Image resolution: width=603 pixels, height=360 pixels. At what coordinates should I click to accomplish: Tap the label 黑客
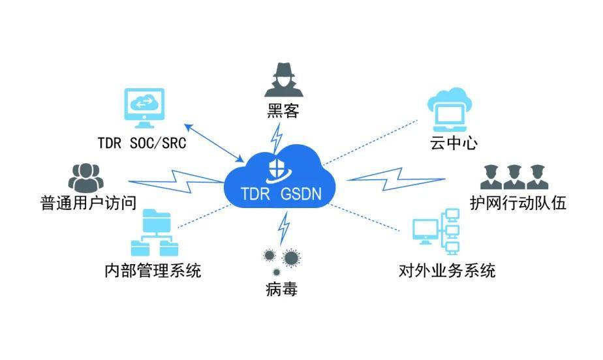pos(283,112)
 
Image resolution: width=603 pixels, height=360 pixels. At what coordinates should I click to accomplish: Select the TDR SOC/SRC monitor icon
pos(144,108)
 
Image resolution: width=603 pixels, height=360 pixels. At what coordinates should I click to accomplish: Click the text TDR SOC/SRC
pos(142,143)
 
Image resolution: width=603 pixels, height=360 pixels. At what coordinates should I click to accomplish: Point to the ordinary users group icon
pos(85,178)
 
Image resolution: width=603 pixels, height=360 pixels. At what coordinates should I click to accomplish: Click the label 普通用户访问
pos(89,202)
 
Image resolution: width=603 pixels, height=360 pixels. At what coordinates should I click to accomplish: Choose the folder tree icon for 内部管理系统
pos(155,232)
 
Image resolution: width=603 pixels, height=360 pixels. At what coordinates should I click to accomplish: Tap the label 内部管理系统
pos(153,271)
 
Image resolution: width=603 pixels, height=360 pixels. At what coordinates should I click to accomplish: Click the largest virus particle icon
pos(291,258)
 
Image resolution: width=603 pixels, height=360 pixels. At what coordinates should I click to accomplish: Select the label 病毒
pos(281,288)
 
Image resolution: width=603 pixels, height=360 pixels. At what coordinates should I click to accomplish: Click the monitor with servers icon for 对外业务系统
pos(436,232)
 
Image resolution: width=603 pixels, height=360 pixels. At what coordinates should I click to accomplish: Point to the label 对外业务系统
pos(447,271)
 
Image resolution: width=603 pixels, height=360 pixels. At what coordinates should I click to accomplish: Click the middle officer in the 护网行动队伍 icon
pos(514,177)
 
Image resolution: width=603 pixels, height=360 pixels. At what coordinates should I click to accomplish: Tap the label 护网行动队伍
pos(518,202)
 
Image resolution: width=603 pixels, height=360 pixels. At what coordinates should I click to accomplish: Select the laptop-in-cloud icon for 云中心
pos(450,110)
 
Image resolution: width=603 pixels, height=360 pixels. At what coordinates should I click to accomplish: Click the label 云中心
pos(454,143)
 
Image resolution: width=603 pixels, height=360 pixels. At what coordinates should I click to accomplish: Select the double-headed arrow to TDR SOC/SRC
pos(214,143)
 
